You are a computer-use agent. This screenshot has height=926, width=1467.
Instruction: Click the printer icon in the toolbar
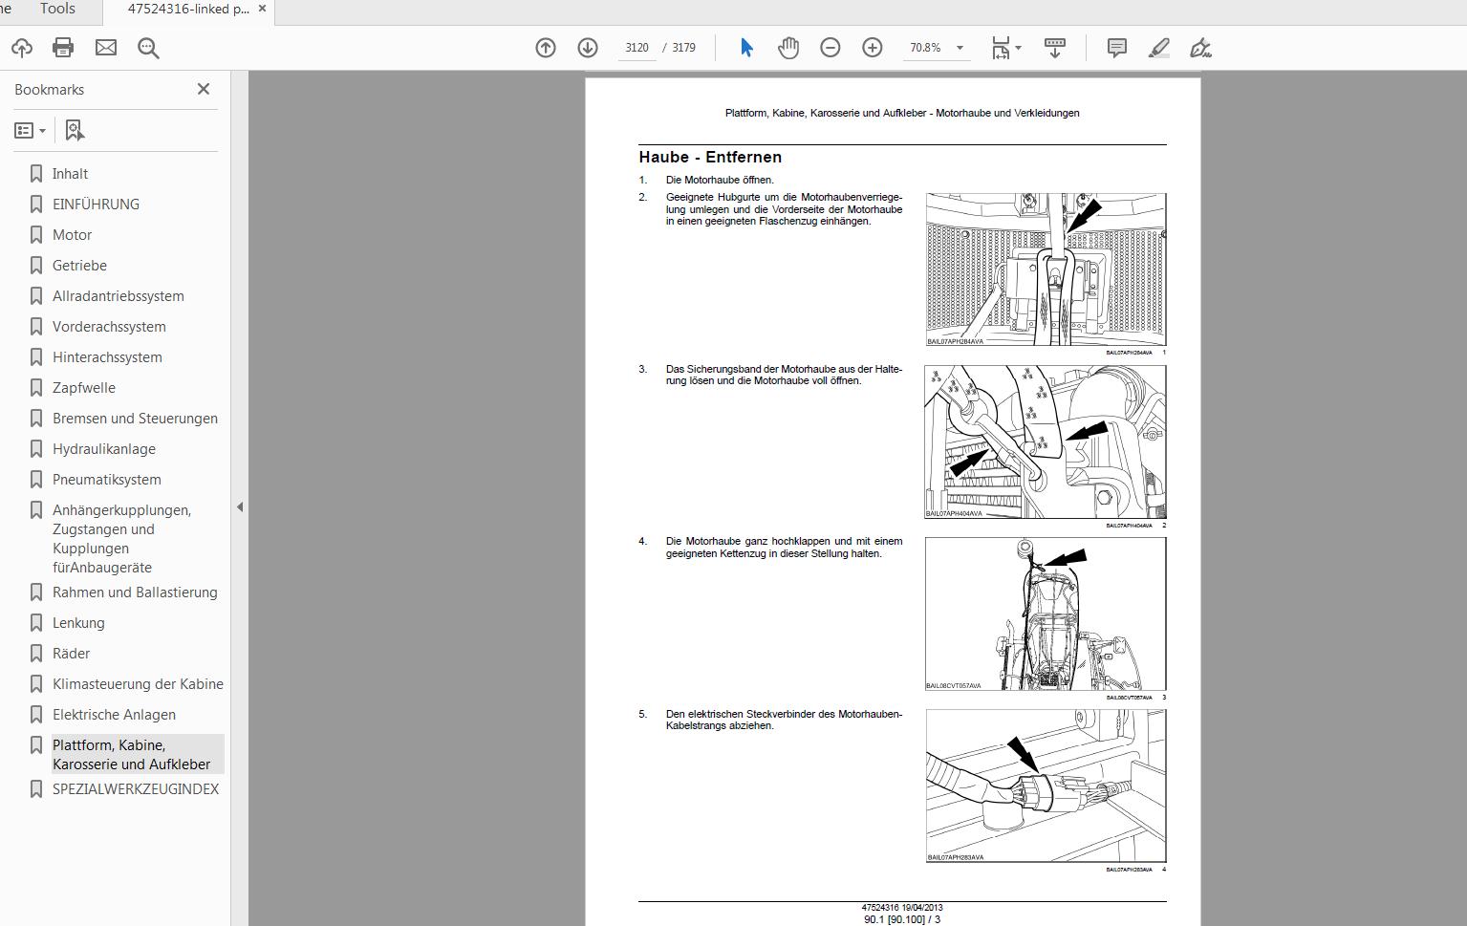point(63,48)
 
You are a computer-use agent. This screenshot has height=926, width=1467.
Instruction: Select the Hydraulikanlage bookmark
point(103,449)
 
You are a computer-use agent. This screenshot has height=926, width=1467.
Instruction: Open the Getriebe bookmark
point(79,266)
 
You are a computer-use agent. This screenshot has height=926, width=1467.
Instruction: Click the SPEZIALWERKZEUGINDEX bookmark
point(135,789)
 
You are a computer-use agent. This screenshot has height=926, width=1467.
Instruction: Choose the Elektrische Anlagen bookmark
point(114,715)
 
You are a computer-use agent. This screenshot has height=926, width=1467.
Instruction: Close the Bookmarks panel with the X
point(204,89)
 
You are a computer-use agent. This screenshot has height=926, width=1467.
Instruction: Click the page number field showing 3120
point(636,48)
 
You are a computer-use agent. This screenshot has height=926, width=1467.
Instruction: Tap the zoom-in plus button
point(872,48)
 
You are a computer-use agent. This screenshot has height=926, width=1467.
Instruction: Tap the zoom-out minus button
point(830,48)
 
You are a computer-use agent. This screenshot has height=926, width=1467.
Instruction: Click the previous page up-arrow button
point(546,48)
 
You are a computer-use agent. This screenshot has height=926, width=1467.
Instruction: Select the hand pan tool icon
point(787,48)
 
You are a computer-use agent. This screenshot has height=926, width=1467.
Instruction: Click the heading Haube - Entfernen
point(710,158)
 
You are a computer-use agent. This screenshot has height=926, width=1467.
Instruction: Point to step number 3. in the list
point(643,369)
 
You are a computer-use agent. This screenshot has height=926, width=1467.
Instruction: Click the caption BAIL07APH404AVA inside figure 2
point(954,513)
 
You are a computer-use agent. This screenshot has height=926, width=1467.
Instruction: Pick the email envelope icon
point(105,48)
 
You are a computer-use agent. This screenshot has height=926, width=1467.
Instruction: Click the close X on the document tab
point(262,9)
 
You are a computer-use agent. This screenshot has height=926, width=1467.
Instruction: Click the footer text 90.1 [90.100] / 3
point(901,919)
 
